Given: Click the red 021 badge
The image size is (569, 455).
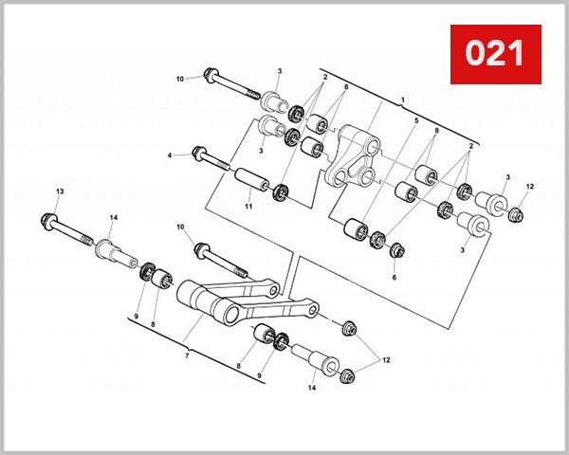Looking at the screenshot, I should click(x=494, y=53).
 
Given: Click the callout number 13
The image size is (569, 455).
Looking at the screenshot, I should click(x=59, y=192).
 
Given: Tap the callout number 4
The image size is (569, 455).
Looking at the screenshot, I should click(x=171, y=155).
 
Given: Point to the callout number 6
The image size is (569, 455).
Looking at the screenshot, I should click(x=395, y=277).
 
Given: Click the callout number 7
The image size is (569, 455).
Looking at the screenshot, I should click(x=187, y=355).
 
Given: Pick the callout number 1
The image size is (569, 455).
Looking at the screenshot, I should click(x=402, y=100).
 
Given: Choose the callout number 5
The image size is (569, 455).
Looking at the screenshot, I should click(x=414, y=121).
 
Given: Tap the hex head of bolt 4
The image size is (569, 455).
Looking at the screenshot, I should click(x=201, y=153).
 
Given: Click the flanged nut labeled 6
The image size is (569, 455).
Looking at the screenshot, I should click(x=395, y=251).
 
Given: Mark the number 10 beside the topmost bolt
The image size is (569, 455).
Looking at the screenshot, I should click(x=180, y=79).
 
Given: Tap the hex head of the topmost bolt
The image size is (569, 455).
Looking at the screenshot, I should click(x=210, y=76).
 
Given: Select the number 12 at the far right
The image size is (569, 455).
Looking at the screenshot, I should click(x=530, y=187).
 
